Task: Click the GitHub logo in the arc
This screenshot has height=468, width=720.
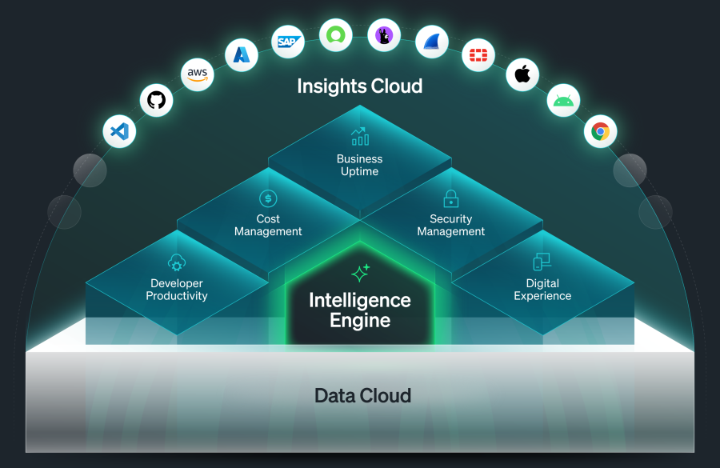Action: pyautogui.click(x=157, y=100)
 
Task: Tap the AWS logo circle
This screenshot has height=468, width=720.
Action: pyautogui.click(x=197, y=74)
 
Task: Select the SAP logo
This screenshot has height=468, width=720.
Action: pyautogui.click(x=287, y=41)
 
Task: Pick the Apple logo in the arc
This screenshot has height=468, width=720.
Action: pyautogui.click(x=522, y=74)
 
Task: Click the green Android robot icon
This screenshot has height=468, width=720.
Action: pyautogui.click(x=564, y=102)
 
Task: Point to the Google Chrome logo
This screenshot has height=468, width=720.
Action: pyautogui.click(x=600, y=130)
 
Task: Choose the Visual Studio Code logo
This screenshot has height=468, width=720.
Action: pyautogui.click(x=119, y=130)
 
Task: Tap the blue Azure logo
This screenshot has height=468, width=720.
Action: pyautogui.click(x=240, y=54)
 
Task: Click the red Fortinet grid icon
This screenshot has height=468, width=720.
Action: pyautogui.click(x=478, y=54)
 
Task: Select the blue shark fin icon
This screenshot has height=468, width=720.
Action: pyautogui.click(x=432, y=42)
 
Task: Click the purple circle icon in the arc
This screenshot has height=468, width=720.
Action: pyautogui.click(x=384, y=35)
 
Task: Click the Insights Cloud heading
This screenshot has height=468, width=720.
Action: pyautogui.click(x=359, y=86)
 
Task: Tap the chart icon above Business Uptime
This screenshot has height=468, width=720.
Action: pyautogui.click(x=359, y=136)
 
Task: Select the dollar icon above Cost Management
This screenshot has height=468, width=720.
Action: pyautogui.click(x=268, y=198)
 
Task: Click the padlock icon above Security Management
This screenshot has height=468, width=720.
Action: pyautogui.click(x=451, y=198)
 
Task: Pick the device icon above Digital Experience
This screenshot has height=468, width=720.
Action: pyautogui.click(x=542, y=262)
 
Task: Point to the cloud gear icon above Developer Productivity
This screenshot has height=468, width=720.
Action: pyautogui.click(x=177, y=262)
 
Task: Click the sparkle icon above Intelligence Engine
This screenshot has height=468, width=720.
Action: pyautogui.click(x=360, y=273)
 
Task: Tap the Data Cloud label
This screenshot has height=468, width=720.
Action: pyautogui.click(x=362, y=395)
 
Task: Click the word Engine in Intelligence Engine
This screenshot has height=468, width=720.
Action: pyautogui.click(x=360, y=321)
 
